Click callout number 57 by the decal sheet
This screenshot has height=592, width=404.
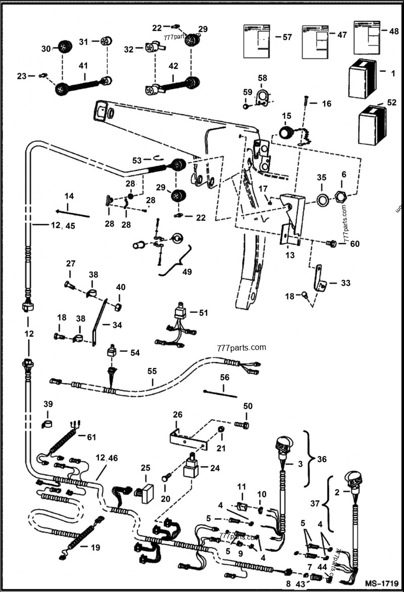287,37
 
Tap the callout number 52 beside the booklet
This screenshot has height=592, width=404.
392,102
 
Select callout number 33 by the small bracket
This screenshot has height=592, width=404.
345,283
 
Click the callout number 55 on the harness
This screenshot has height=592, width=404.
153,371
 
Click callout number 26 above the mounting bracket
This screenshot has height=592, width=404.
178,415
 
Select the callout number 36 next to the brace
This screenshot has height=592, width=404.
321,460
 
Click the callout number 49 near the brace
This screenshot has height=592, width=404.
186,272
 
